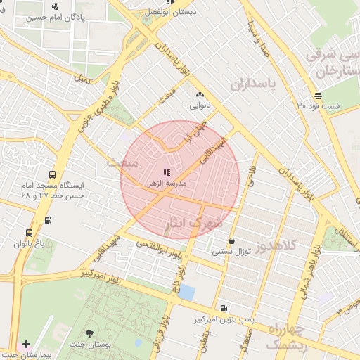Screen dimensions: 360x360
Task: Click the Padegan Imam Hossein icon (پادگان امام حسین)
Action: (x=56, y=6)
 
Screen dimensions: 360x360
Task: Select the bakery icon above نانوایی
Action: (x=200, y=94)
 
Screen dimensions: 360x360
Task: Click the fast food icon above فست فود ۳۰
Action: (x=318, y=95)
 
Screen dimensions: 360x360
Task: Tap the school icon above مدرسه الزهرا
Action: (x=166, y=172)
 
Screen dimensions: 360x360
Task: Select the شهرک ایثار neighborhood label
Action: (x=191, y=224)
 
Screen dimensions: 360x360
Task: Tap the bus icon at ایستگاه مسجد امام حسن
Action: (x=53, y=175)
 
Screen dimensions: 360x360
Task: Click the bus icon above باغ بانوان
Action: (x=29, y=233)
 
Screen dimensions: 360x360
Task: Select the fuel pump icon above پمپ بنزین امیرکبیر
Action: (x=223, y=308)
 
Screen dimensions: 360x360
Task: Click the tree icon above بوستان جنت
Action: (x=89, y=333)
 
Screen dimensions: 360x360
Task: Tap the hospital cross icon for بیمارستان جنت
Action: (x=26, y=345)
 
